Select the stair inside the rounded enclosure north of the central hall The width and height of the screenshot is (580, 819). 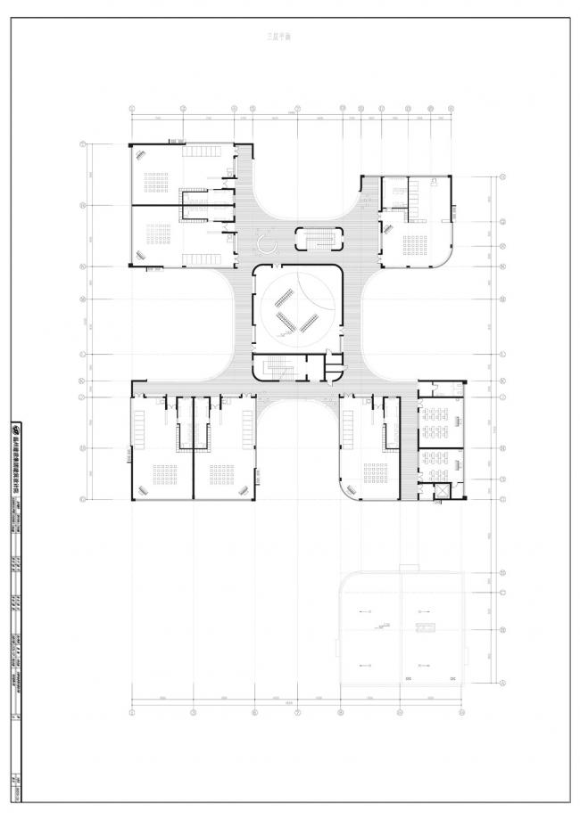pyautogui.click(x=318, y=239)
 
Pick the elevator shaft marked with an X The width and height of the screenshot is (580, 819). pyautogui.click(x=440, y=491)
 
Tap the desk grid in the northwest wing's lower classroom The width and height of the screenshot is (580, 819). pyautogui.click(x=158, y=237)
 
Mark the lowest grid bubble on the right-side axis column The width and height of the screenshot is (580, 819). pyautogui.click(x=502, y=683)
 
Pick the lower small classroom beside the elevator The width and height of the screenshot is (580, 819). pyautogui.click(x=441, y=463)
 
